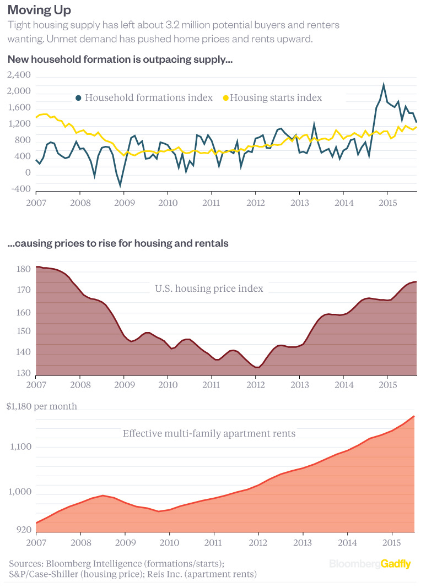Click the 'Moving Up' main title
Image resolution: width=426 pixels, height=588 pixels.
39,10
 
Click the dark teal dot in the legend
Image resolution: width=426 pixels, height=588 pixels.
78,97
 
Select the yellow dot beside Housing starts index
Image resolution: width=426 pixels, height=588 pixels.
224,97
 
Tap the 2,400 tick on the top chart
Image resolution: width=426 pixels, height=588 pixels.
19,75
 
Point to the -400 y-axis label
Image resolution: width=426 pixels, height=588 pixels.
19,189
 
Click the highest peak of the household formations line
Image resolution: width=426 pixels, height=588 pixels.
384,84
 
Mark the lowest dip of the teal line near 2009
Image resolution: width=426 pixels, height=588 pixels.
120,186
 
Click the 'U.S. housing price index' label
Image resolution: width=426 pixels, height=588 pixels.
209,288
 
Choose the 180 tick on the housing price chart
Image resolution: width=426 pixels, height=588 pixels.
23,269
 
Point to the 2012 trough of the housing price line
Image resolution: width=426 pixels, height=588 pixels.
257,367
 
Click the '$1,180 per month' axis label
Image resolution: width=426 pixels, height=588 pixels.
42,406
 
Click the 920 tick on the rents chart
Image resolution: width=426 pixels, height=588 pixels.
23,530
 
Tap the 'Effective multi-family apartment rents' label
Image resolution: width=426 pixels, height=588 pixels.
209,433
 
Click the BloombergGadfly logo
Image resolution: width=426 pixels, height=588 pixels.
370,564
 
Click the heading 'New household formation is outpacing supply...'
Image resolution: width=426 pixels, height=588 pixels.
120,59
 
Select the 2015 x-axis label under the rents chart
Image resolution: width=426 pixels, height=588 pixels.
391,542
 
